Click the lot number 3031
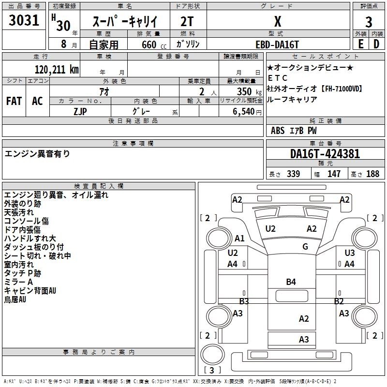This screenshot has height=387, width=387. (x=24, y=20)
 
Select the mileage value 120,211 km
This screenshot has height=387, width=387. (x=57, y=70)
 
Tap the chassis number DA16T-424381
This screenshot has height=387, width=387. (x=325, y=154)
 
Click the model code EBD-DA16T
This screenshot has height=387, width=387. (x=277, y=45)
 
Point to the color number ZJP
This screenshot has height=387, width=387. (x=80, y=112)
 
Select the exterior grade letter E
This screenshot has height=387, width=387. (x=361, y=44)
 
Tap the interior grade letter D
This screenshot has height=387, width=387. (x=376, y=44)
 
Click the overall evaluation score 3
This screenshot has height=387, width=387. (x=369, y=22)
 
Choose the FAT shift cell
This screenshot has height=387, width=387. (x=14, y=101)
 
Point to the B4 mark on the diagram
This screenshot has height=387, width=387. (x=291, y=282)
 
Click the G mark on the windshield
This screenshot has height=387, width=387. (x=305, y=246)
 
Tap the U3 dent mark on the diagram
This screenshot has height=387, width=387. (x=349, y=253)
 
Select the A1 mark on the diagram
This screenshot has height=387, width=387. (x=239, y=238)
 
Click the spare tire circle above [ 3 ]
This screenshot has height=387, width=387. (x=213, y=355)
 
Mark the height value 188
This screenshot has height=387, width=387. (x=372, y=174)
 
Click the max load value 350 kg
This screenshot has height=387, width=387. (x=249, y=91)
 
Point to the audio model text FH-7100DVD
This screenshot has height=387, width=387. (x=342, y=89)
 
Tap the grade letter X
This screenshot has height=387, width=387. (x=278, y=21)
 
